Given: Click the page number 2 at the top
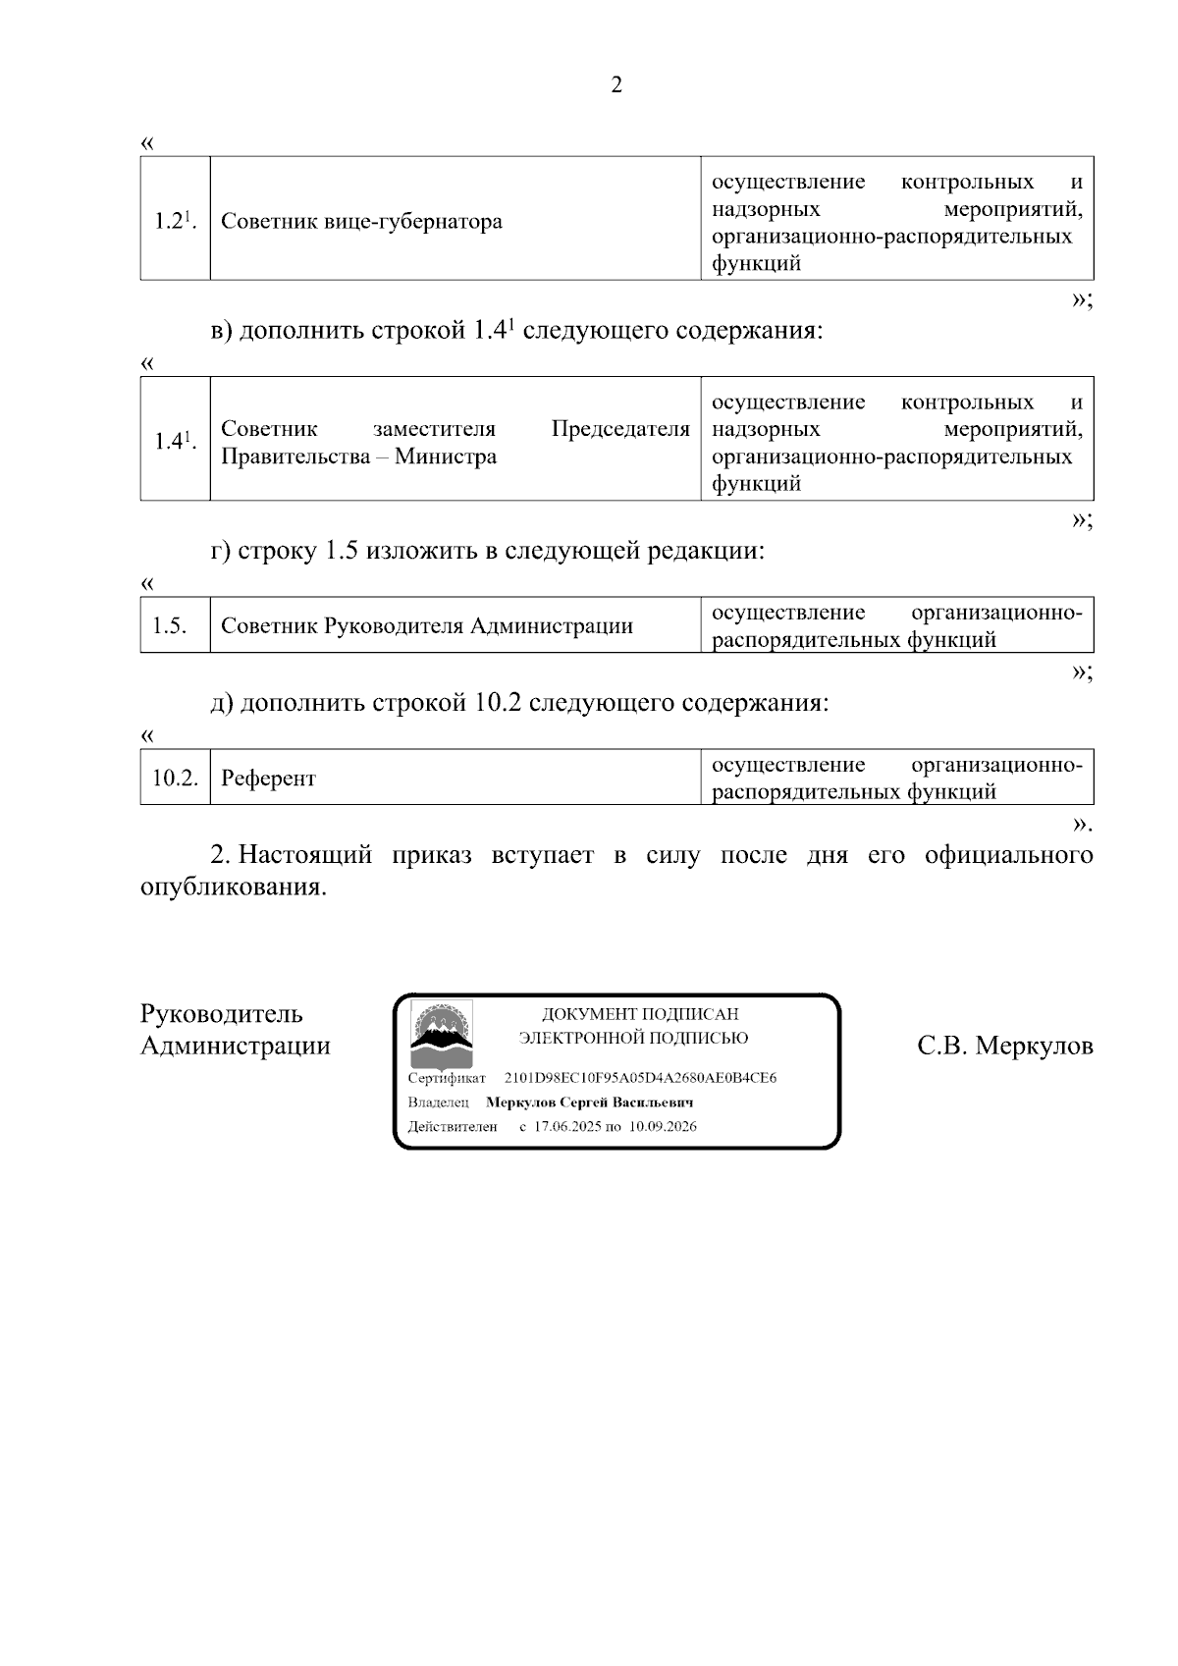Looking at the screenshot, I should point(616,85).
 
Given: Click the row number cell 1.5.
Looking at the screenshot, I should point(170,625).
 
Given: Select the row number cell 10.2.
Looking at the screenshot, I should point(175,778).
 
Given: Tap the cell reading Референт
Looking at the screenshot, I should point(268,779).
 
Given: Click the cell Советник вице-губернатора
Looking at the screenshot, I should point(361,221).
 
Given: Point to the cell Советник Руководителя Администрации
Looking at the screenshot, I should point(426,626).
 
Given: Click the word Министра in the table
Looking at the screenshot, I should point(446,457).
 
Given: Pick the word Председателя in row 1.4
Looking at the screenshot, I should point(620,429).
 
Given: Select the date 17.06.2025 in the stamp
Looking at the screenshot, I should point(566,1126).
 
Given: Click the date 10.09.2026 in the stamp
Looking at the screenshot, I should point(663,1126).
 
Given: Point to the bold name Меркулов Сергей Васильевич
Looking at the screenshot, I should point(590,1102).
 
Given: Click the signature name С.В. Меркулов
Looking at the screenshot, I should point(1004,1047).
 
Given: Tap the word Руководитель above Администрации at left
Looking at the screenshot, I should point(221,1014).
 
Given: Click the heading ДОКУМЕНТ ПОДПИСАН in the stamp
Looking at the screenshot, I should point(640,1014).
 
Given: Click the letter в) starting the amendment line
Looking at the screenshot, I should point(222,331).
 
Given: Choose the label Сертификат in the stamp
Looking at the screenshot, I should point(447,1079).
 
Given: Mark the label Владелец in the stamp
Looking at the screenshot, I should point(438,1102).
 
